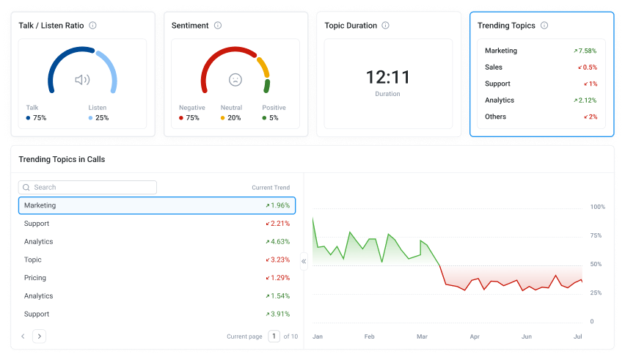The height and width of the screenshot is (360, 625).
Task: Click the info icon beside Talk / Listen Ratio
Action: click(x=92, y=26)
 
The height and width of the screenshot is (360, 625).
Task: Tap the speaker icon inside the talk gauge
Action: click(x=82, y=80)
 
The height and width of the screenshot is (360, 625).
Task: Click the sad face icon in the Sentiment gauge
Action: click(x=235, y=80)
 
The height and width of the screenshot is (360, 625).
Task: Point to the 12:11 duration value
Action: click(x=388, y=77)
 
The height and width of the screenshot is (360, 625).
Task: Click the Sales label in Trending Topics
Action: click(x=494, y=67)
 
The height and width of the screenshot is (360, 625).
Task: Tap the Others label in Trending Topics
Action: click(x=495, y=117)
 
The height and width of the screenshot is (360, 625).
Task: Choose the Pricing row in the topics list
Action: click(x=157, y=278)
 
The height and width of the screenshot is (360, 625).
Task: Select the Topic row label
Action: click(x=33, y=260)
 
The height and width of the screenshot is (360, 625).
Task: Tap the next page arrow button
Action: click(x=39, y=336)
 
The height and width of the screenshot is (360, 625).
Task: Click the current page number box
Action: click(x=274, y=336)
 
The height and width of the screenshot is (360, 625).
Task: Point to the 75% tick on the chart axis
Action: click(x=596, y=235)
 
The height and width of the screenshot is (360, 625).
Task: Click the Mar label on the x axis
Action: click(x=422, y=337)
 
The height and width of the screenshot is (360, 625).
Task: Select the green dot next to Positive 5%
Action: click(x=264, y=118)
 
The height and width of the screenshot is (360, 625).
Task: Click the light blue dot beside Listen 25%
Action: click(x=90, y=118)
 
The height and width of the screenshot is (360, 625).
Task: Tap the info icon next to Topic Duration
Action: click(x=385, y=26)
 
